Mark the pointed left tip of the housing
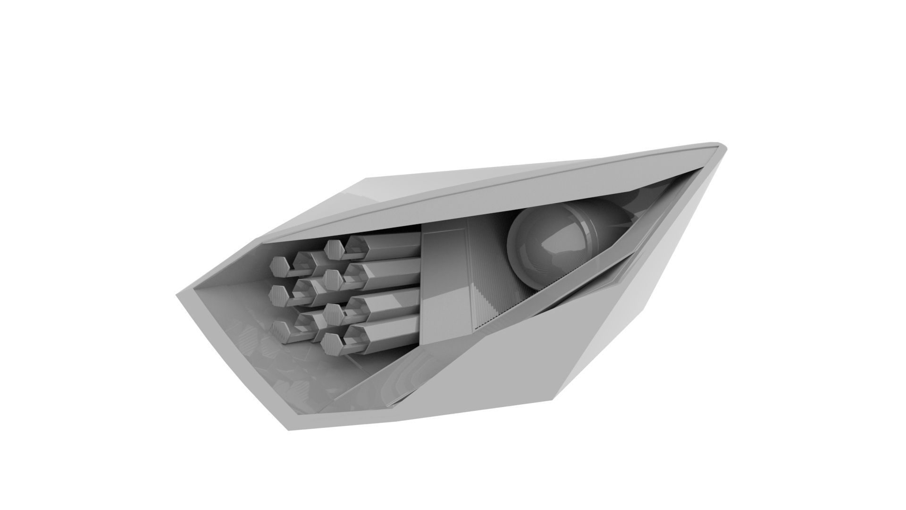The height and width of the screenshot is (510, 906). pos(178,297)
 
